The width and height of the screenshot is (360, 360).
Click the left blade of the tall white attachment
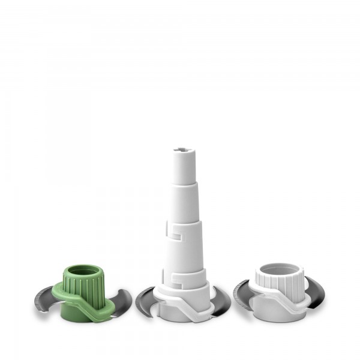tap(146, 301)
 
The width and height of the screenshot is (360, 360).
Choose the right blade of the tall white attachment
tap(221, 301)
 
